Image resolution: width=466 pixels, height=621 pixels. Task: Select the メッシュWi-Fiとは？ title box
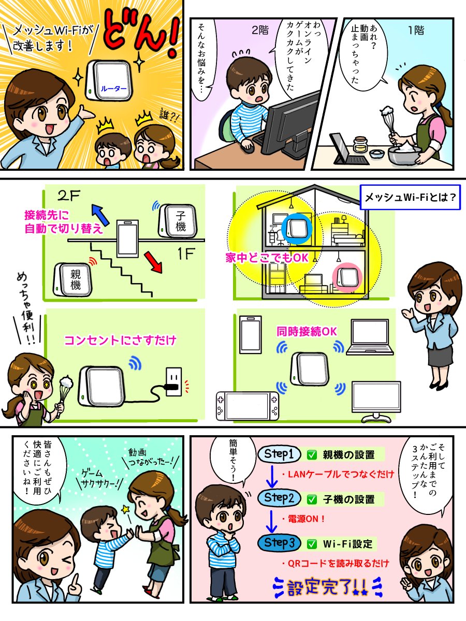click(x=410, y=198)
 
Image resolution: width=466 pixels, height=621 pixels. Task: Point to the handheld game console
click(x=247, y=405)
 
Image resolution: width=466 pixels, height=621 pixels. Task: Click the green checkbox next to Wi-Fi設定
click(x=312, y=544)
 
